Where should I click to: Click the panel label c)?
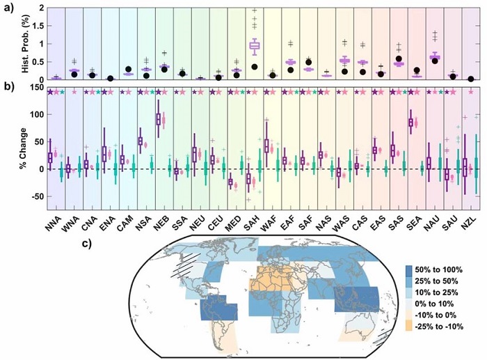[85, 243]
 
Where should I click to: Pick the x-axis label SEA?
[415, 219]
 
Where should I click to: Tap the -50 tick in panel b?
[35, 196]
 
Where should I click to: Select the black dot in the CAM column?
[127, 70]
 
